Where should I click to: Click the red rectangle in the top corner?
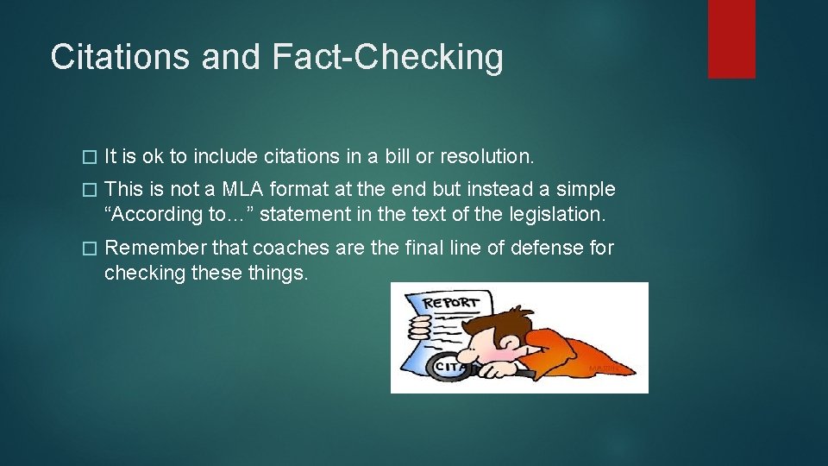click(x=731, y=39)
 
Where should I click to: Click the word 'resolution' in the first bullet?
click(x=486, y=156)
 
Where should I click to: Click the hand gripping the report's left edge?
click(x=420, y=329)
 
